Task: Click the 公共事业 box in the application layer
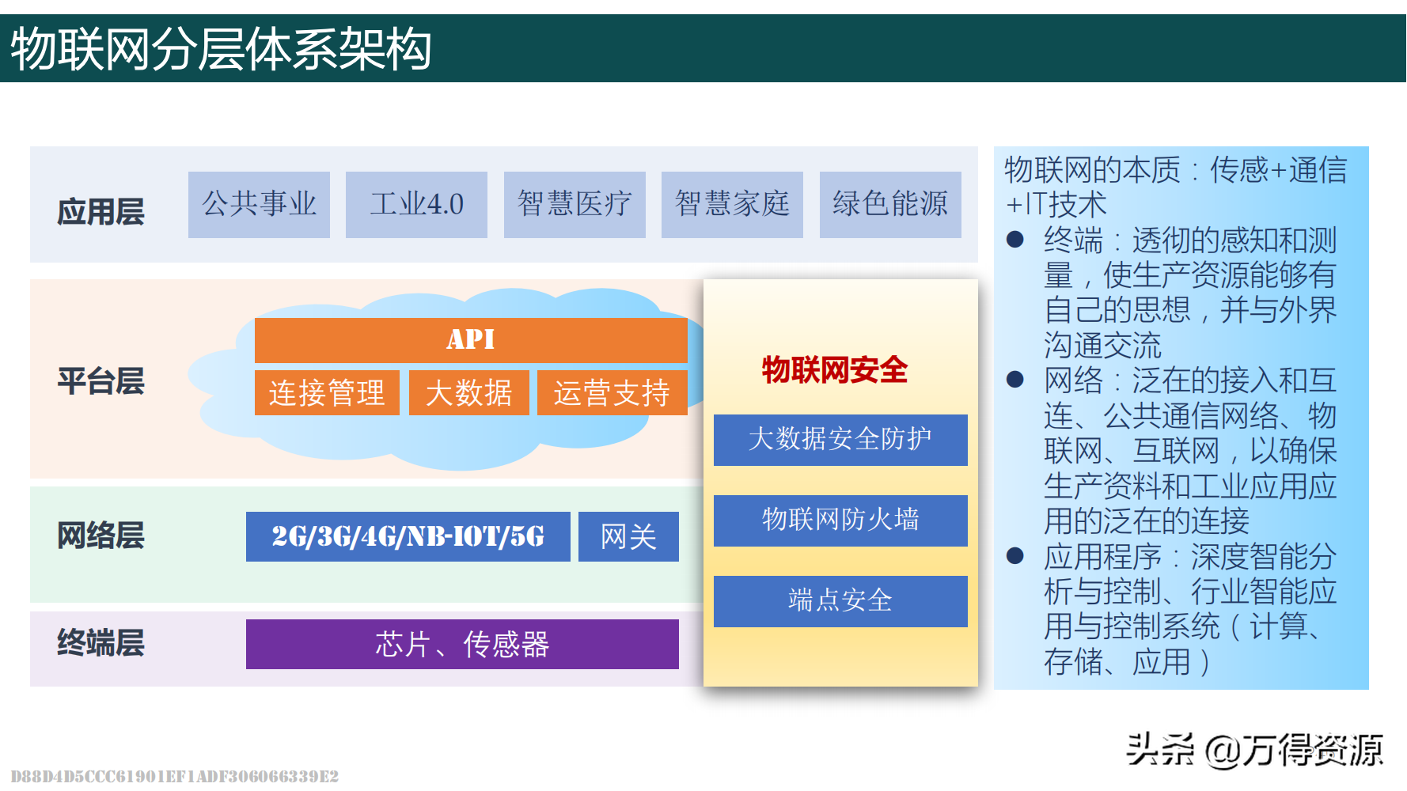(x=259, y=205)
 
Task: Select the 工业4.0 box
(x=416, y=205)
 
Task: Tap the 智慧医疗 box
(x=575, y=205)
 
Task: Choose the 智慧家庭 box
(x=732, y=205)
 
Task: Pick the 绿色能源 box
(x=890, y=205)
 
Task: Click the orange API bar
(x=471, y=340)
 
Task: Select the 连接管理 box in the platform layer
(x=327, y=392)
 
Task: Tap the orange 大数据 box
(x=469, y=392)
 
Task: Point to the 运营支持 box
(x=612, y=392)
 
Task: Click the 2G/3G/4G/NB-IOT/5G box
(x=408, y=536)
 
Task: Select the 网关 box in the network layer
(x=628, y=536)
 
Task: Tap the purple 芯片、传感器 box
(x=462, y=644)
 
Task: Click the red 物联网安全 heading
(x=835, y=369)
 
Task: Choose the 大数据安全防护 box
(x=840, y=440)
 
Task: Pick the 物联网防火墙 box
(x=840, y=520)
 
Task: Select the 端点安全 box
(x=840, y=601)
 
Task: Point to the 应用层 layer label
(x=100, y=212)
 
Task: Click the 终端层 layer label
(x=100, y=642)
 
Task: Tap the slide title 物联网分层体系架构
(x=221, y=49)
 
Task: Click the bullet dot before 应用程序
(x=1015, y=556)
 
